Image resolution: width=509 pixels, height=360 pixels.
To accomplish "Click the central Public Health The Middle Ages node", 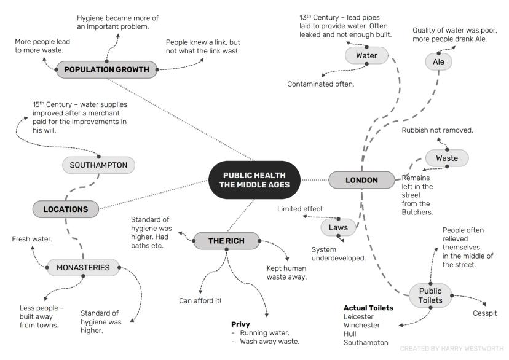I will coord(255,179).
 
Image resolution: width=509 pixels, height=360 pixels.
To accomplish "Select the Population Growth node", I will coord(106,69).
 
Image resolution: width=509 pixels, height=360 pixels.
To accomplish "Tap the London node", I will coord(361,180).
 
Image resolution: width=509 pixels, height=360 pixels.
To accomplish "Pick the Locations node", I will coord(66,209).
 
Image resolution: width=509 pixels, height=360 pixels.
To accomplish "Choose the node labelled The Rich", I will coord(226,241).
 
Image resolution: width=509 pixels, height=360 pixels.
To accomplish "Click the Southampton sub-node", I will coord(98,165).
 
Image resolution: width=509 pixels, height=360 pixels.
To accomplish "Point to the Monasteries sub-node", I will coord(83,267).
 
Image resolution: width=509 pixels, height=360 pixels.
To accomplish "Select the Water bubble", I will coord(366,56).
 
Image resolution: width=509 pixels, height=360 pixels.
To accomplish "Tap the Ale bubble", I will coord(439,61).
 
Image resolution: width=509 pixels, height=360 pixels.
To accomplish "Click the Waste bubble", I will coord(447,158).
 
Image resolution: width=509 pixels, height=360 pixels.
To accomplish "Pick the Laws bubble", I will coord(338,227).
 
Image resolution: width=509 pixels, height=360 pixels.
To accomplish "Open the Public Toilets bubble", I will coord(430,295).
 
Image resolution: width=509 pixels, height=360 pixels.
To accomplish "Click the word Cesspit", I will coord(484,313).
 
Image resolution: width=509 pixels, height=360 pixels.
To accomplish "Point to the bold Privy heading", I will coord(240,324).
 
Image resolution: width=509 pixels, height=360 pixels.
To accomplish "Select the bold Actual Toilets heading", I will coord(368,308).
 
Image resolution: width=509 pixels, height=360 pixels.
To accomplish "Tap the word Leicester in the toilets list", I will coord(358,316).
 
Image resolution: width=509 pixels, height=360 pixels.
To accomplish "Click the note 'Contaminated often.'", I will coord(321,84).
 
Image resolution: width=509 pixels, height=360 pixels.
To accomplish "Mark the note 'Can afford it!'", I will coord(200,300).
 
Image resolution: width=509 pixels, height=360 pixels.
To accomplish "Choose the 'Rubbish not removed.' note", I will coord(437,130).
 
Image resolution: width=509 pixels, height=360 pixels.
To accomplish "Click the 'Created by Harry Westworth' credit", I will coord(451,348).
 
